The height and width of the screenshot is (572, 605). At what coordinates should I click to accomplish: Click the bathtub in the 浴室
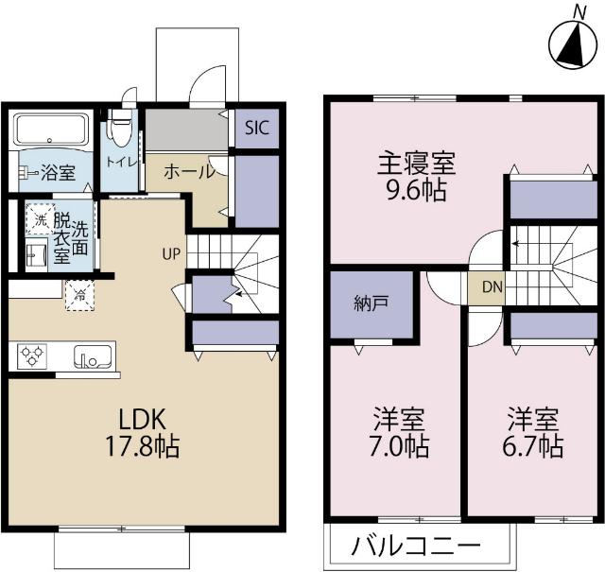(53, 128)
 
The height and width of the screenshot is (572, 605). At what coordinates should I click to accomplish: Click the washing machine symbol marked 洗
(40, 219)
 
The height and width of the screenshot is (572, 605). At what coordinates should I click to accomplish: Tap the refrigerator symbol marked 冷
(78, 294)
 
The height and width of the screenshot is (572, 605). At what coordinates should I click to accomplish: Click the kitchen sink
(94, 357)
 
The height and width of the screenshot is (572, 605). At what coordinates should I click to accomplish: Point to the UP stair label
(171, 252)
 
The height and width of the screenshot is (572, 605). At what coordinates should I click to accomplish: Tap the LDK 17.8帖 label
(148, 431)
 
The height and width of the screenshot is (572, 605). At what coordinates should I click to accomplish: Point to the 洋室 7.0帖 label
(398, 430)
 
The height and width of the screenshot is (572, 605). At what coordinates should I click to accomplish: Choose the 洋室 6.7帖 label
(534, 430)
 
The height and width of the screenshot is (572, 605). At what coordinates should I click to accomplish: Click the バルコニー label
(416, 546)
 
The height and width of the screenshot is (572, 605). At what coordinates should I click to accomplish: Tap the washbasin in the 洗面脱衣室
(36, 255)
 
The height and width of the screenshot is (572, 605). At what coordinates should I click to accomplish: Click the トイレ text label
(121, 162)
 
